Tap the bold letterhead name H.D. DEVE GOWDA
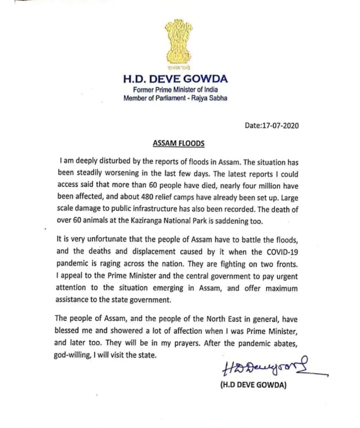pyautogui.click(x=176, y=79)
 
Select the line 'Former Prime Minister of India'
pyautogui.click(x=175, y=90)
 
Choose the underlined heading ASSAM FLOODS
pyautogui.click(x=178, y=143)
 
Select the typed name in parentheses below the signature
pyautogui.click(x=253, y=385)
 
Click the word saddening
pyautogui.click(x=231, y=221)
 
